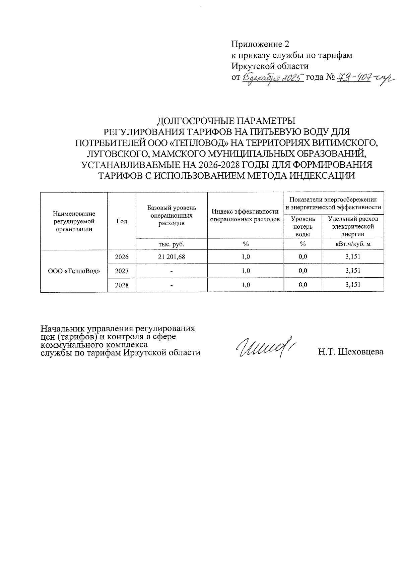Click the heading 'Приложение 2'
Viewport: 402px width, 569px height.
click(260, 44)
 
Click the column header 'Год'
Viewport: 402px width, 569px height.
click(122, 221)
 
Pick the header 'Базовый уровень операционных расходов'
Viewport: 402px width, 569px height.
click(172, 215)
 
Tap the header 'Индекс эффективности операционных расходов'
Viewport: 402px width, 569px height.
click(245, 215)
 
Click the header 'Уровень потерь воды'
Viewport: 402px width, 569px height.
click(303, 227)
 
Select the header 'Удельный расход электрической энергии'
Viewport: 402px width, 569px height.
click(353, 227)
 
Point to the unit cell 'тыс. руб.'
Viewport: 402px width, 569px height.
click(172, 244)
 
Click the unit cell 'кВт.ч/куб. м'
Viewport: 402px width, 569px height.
click(353, 244)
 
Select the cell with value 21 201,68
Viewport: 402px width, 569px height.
click(172, 257)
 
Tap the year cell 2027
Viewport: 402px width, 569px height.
click(122, 271)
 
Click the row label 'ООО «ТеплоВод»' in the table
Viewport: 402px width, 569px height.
click(74, 271)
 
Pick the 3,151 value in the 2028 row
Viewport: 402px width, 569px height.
click(353, 285)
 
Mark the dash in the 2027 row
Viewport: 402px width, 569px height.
click(172, 271)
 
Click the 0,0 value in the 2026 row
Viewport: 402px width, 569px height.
click(303, 257)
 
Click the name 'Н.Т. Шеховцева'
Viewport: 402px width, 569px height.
click(350, 352)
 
